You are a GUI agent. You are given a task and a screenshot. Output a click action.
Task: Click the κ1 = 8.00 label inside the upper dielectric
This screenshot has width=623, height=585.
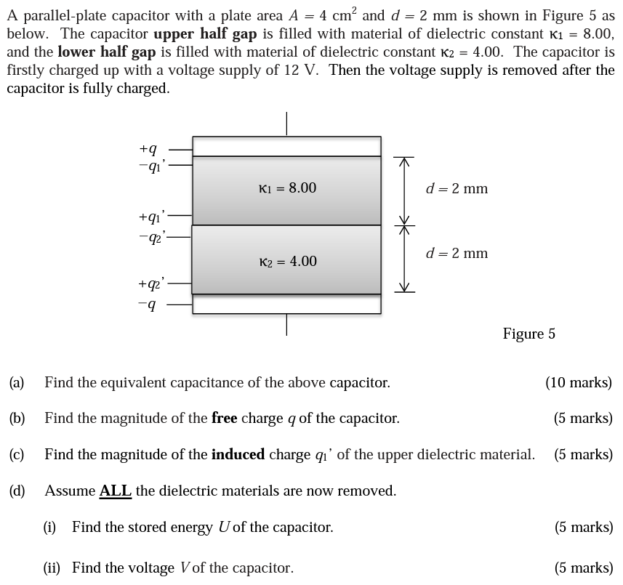click(287, 188)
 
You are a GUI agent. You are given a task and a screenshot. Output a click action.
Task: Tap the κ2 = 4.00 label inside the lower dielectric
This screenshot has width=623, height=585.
click(288, 262)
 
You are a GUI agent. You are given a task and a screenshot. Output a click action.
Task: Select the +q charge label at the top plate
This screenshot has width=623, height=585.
click(148, 149)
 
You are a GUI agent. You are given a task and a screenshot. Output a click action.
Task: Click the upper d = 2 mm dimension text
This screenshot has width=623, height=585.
click(457, 189)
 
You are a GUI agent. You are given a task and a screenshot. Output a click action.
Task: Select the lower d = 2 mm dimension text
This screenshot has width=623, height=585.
click(457, 254)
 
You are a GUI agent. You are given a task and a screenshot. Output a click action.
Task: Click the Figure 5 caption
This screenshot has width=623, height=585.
click(528, 334)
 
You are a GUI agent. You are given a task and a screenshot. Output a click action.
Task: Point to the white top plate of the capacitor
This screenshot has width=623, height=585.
click(286, 146)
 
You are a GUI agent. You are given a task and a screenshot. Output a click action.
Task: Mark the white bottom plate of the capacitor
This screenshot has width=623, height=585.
click(286, 304)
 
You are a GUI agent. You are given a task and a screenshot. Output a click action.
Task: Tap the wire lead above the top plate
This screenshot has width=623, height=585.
click(286, 124)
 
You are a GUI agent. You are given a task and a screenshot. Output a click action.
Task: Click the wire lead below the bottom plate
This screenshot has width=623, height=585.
click(286, 324)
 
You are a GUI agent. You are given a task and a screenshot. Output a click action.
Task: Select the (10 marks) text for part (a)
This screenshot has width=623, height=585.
click(579, 382)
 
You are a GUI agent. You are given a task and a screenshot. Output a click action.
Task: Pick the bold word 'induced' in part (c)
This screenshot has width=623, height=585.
click(238, 454)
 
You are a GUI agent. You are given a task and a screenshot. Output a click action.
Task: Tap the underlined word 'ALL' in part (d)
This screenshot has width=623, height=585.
click(115, 491)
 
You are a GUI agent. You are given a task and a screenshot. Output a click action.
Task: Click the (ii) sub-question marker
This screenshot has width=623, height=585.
click(52, 568)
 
